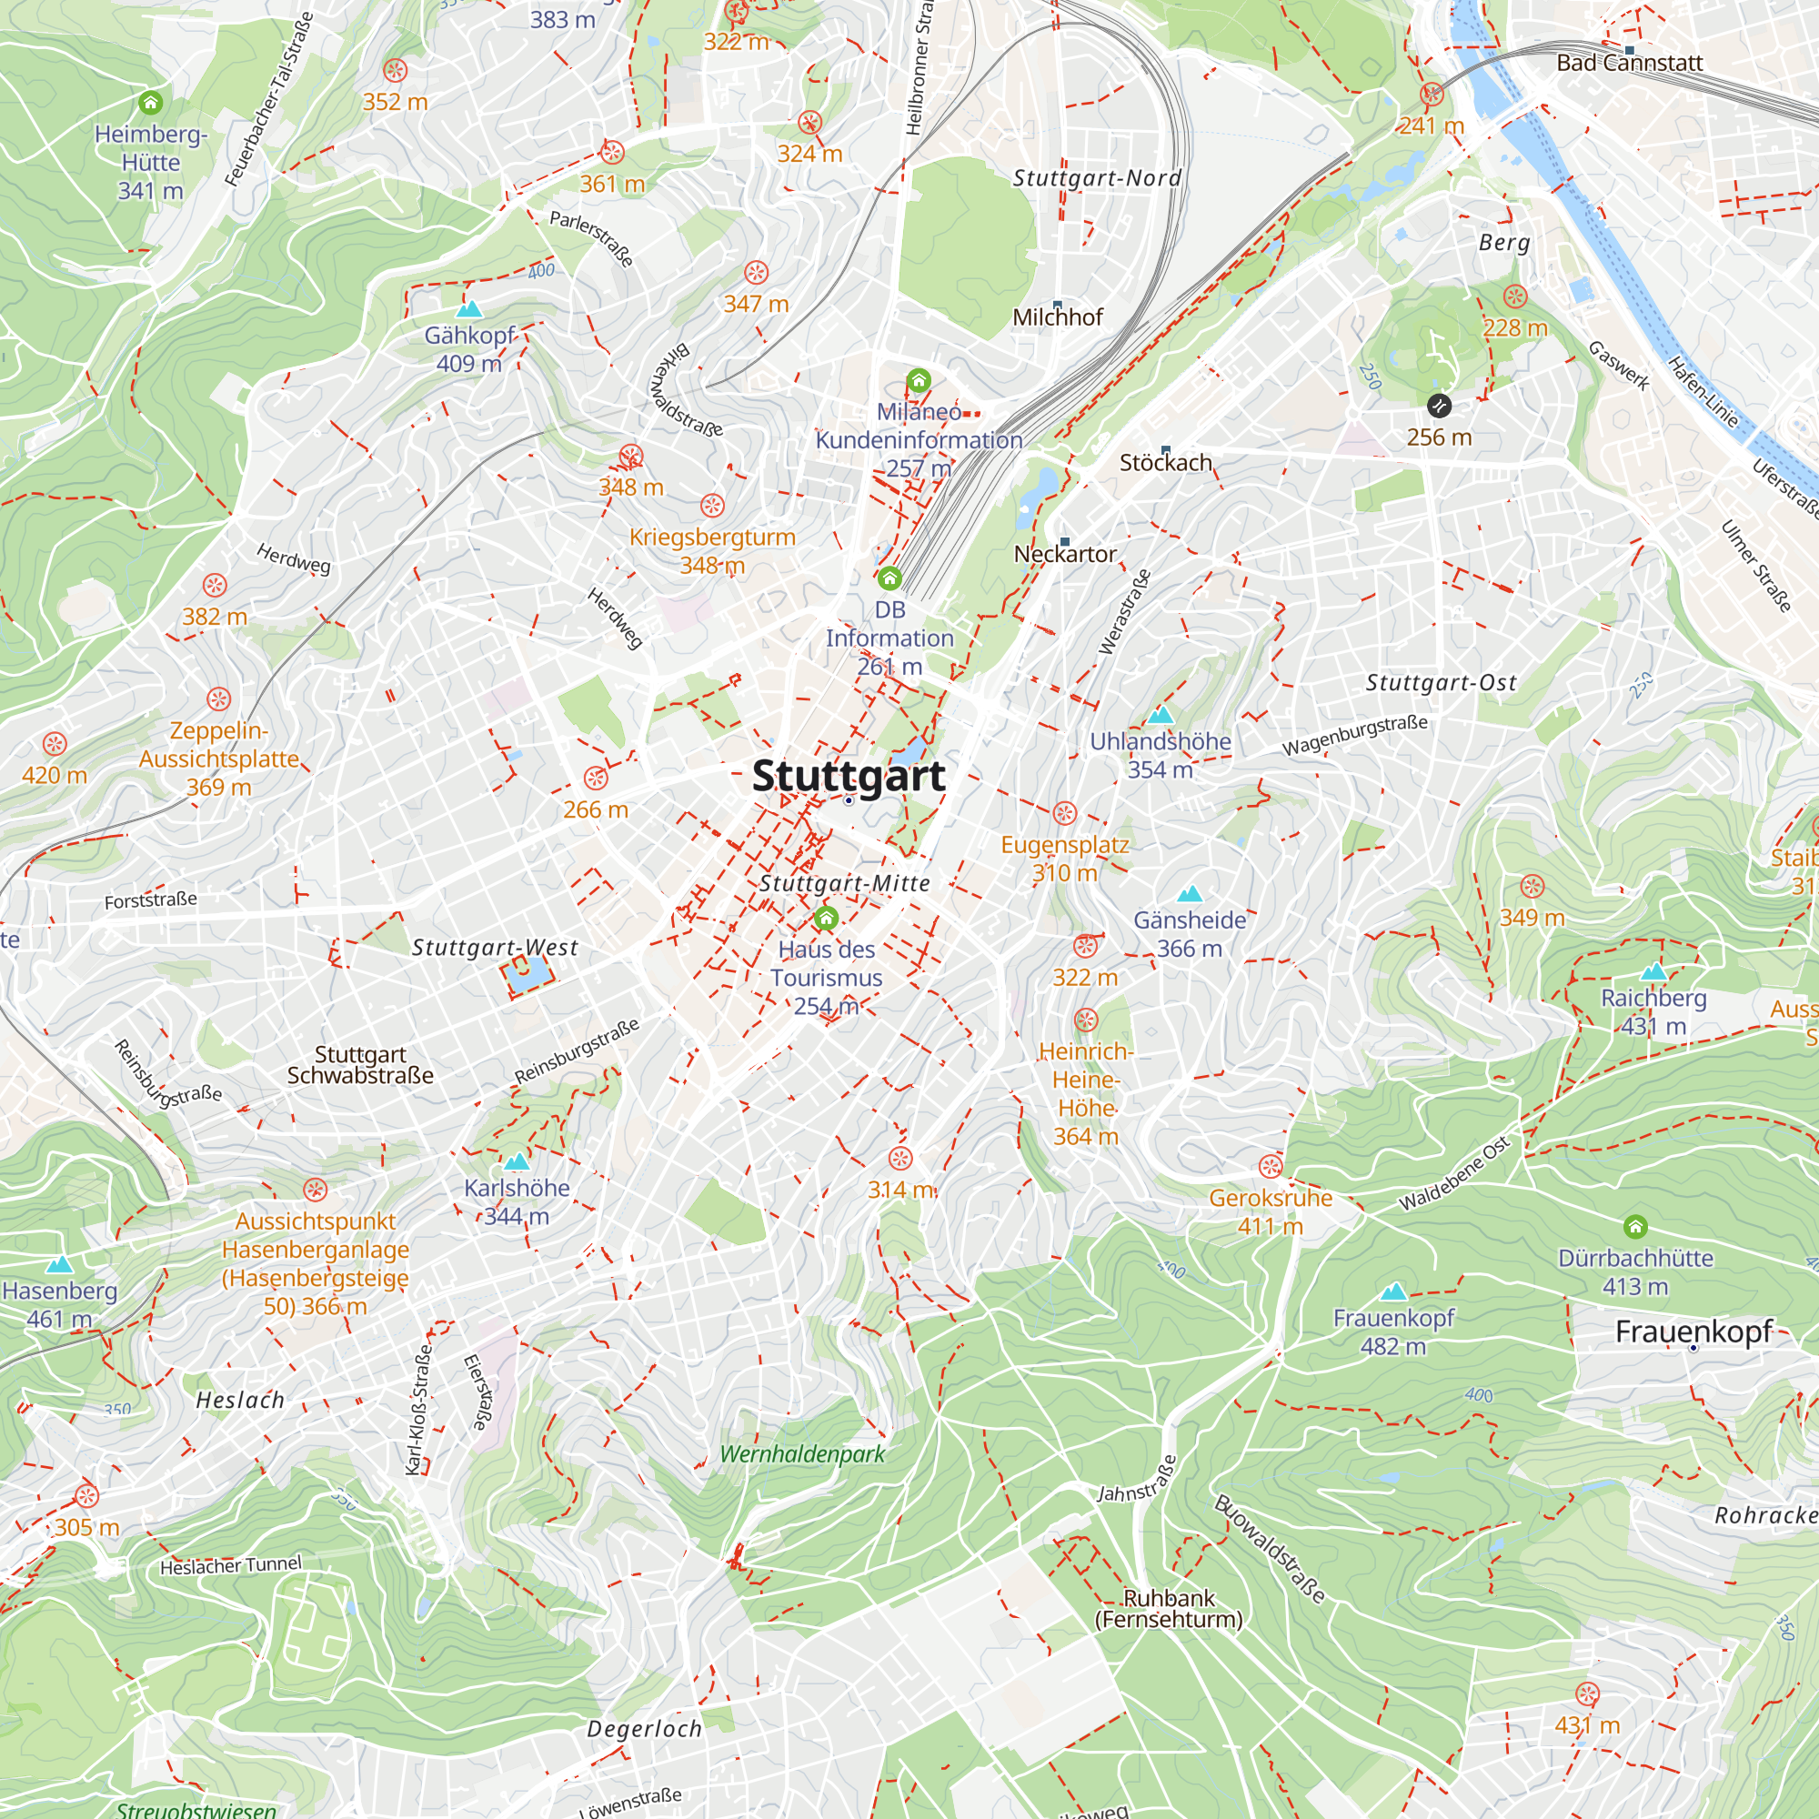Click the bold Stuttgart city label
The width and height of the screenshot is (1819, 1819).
tap(849, 776)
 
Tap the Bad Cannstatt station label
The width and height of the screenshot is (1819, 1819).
tap(1629, 63)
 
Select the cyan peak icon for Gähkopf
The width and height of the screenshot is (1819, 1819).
tap(469, 309)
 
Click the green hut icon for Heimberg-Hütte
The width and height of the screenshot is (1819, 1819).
tap(151, 103)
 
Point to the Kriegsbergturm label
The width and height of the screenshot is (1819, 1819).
tap(712, 538)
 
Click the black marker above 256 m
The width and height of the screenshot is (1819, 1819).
tap(1439, 406)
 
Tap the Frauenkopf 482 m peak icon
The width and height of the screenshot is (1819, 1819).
tap(1393, 1291)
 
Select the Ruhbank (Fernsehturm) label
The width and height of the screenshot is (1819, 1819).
tap(1169, 1608)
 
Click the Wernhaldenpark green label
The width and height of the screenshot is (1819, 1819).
tap(802, 1453)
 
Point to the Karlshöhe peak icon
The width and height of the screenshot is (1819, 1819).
tap(517, 1161)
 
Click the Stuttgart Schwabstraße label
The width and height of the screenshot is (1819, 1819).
tap(359, 1065)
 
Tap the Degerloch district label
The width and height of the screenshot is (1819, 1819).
tap(644, 1729)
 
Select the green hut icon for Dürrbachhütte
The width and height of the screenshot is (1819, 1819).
tap(1635, 1226)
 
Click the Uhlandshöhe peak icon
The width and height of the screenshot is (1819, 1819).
tap(1161, 716)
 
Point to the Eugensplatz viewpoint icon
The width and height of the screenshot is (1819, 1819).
tap(1065, 812)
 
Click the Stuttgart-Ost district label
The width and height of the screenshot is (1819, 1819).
tap(1441, 683)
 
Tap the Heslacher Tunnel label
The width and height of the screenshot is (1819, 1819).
tap(231, 1564)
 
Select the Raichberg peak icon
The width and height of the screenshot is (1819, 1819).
tap(1653, 971)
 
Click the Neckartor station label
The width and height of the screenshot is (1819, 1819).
tap(1065, 555)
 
